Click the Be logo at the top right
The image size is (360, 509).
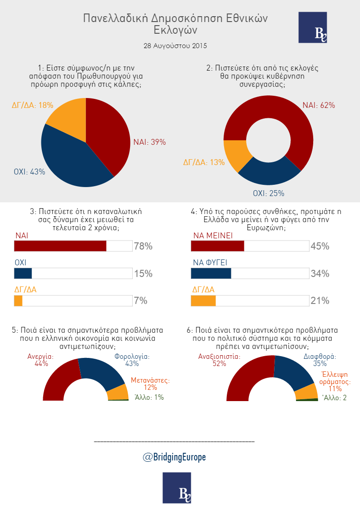[x=313, y=28]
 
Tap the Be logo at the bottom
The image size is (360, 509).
[x=177, y=487]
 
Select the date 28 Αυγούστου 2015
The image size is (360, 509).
[x=175, y=46]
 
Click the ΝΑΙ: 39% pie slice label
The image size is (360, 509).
[x=149, y=142]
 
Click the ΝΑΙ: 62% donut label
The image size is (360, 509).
[x=319, y=105]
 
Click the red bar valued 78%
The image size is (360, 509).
[x=60, y=246]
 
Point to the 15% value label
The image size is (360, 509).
[x=143, y=274]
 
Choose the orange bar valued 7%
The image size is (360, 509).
[x=18, y=301]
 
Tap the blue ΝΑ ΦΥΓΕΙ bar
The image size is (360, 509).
[x=211, y=273]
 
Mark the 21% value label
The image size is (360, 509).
[x=320, y=301]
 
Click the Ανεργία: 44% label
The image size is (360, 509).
[x=40, y=360]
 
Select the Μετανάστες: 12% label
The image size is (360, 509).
[x=150, y=384]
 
